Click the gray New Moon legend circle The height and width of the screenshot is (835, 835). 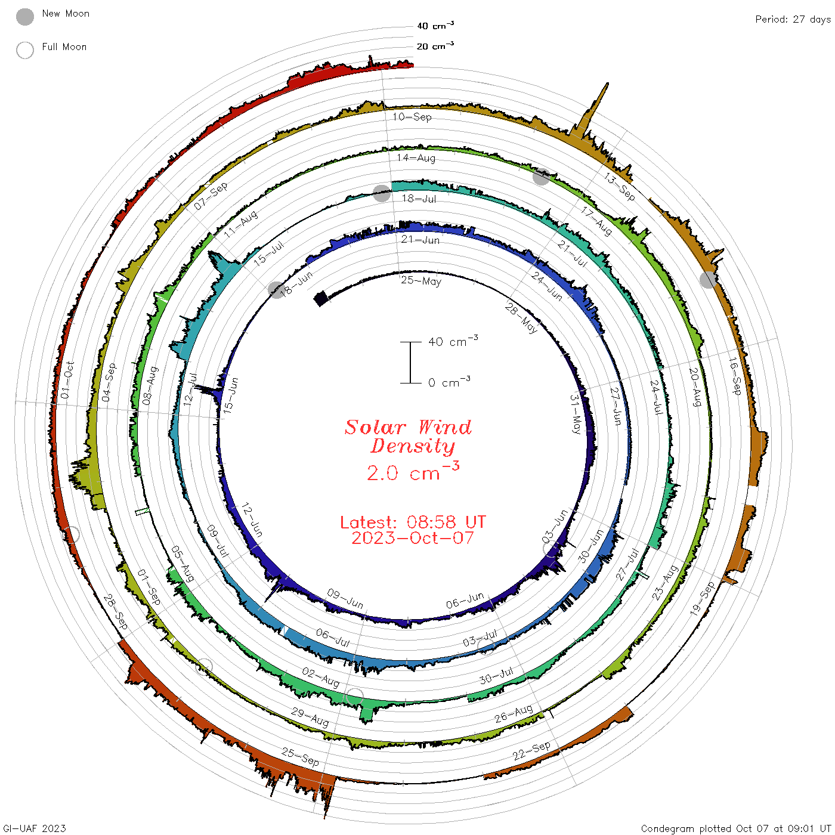25,17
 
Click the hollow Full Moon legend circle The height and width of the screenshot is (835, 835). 25,50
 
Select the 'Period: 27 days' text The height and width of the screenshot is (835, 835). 793,20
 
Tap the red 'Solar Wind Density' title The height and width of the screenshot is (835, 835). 408,437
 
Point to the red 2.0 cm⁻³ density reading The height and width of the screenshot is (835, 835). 413,471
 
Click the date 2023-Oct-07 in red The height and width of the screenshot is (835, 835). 413,538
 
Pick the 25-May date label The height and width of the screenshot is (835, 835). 420,281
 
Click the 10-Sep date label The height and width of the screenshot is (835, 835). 412,117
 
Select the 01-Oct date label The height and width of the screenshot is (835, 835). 67,380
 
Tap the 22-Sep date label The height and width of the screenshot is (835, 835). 531,751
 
